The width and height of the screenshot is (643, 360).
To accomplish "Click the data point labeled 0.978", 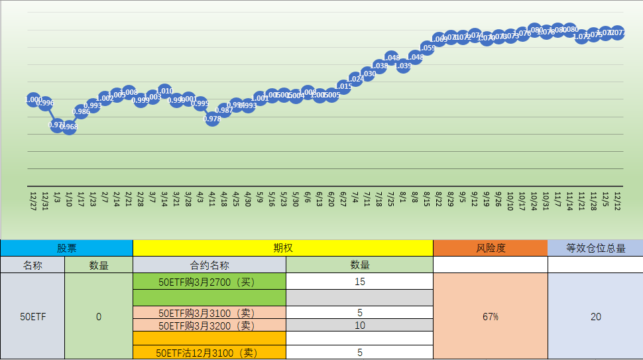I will pos(212,119).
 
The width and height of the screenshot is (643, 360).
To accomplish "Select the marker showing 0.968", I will pos(69,127).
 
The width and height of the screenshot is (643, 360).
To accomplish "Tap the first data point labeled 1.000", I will pos(33,99).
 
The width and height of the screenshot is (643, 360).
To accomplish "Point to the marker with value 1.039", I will pos(403,66).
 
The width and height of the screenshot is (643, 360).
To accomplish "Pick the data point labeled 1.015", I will pos(343,86).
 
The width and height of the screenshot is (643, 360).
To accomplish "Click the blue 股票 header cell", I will pos(66,248).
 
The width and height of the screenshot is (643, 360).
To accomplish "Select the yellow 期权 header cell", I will pos(283,248).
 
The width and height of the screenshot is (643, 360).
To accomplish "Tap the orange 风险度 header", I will pos(491,248).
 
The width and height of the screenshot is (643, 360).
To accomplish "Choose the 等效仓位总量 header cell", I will pos(595,248).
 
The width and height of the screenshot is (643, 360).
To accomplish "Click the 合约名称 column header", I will pos(209,265).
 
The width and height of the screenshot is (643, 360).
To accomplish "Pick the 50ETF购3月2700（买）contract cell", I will pos(209,281).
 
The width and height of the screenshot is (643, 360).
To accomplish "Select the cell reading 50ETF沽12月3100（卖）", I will pos(209,353).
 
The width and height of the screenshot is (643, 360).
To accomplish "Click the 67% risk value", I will pos(491,317).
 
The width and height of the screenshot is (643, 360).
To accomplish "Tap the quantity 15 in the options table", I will pos(359,281).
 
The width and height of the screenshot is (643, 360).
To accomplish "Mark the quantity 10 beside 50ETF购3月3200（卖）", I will pos(359,326).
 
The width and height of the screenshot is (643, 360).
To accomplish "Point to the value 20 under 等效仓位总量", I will pos(595,317).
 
